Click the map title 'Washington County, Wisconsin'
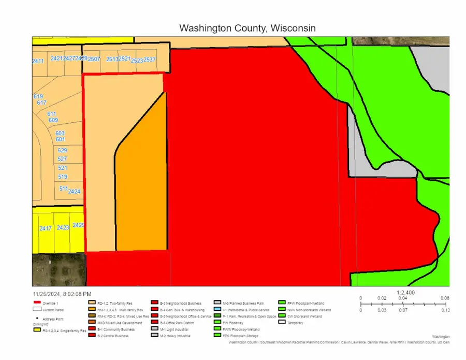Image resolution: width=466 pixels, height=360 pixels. [x=246, y=27]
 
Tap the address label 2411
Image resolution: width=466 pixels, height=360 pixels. [x=38, y=61]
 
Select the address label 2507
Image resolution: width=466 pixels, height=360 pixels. [x=94, y=60]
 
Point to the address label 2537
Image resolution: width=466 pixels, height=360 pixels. [x=150, y=60]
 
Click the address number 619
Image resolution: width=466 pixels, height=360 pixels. [x=38, y=97]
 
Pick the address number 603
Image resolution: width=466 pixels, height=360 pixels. [x=60, y=133]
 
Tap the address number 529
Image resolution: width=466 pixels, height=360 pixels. [x=62, y=151]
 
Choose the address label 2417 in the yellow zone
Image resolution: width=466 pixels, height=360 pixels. [x=46, y=228]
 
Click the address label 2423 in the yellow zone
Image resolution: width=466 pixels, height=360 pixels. [x=63, y=228]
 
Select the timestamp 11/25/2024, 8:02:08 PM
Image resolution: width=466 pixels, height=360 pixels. [x=62, y=293]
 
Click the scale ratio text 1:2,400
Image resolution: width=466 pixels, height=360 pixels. [x=406, y=292]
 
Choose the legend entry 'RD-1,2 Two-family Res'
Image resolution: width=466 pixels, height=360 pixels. [x=116, y=303]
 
